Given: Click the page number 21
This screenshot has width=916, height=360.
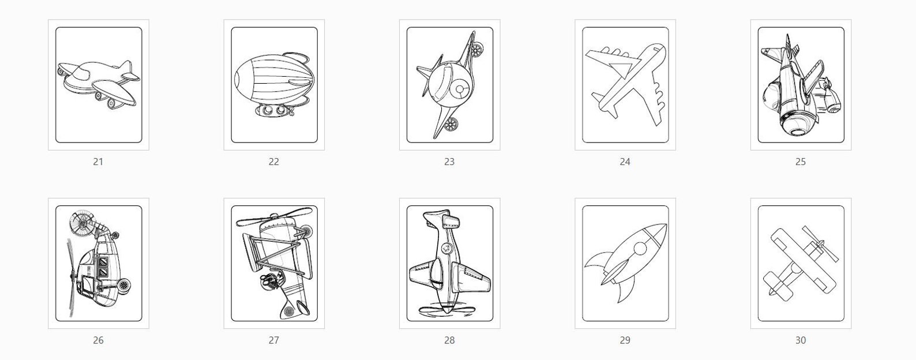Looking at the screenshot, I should tap(98, 162).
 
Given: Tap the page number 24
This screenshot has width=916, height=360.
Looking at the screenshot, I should tap(625, 162).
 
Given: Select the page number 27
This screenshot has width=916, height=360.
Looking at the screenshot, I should tap(273, 340).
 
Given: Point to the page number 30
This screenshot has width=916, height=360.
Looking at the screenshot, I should tap(800, 340).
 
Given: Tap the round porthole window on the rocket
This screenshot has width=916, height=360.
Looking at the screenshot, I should tap(640, 249).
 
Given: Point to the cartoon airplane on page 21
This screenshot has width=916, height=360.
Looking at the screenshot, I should tap(98, 84).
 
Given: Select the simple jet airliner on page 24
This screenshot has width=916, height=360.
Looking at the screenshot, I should tap(626, 84).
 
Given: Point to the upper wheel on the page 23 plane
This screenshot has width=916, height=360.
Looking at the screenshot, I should tap(476, 51).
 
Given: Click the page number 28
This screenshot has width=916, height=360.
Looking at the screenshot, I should tap(449, 340).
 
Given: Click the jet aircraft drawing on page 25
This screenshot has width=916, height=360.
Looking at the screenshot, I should tap(799, 87).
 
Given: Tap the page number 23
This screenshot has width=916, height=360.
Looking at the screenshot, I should tap(449, 162).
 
